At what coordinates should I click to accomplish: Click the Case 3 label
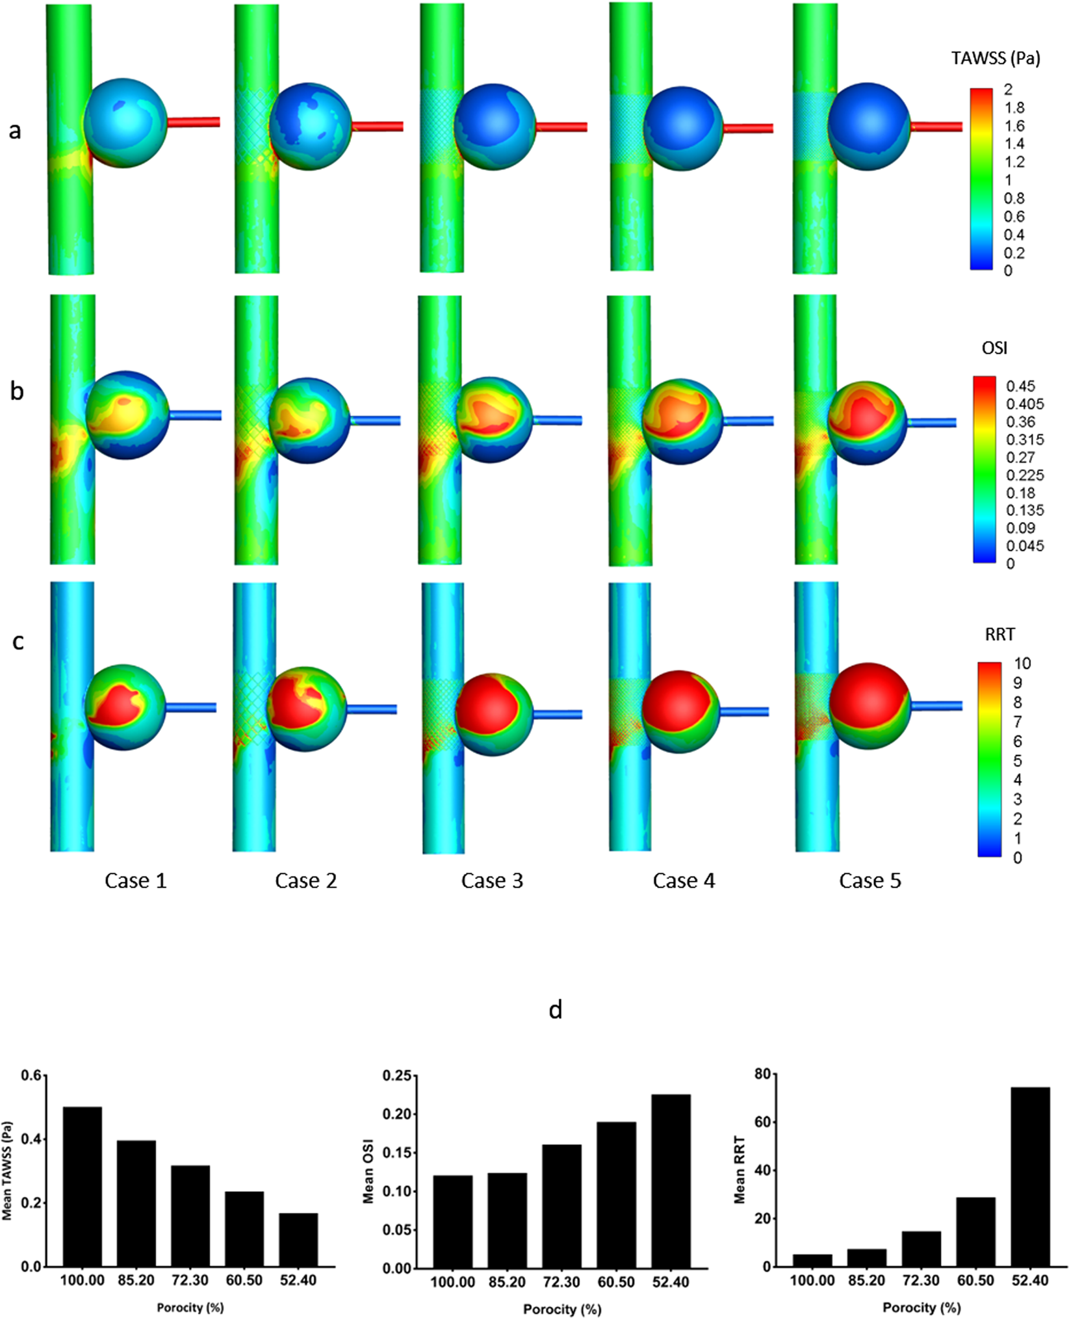(492, 881)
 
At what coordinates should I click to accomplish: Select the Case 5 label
(870, 881)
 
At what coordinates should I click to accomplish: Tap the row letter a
(15, 130)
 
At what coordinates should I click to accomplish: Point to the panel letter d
(555, 1010)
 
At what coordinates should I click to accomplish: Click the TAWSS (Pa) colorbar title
(996, 59)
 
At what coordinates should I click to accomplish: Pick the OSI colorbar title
(994, 349)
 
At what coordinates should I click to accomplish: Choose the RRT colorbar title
(999, 635)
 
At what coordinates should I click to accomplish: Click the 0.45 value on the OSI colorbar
(1020, 386)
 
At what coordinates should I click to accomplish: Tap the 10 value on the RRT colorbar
(1022, 663)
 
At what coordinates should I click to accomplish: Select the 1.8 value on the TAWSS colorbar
(1014, 107)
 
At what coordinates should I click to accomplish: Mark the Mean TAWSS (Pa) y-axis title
(7, 1170)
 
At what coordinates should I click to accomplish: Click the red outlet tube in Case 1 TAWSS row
(194, 122)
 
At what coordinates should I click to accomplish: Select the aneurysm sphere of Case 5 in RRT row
(869, 706)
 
